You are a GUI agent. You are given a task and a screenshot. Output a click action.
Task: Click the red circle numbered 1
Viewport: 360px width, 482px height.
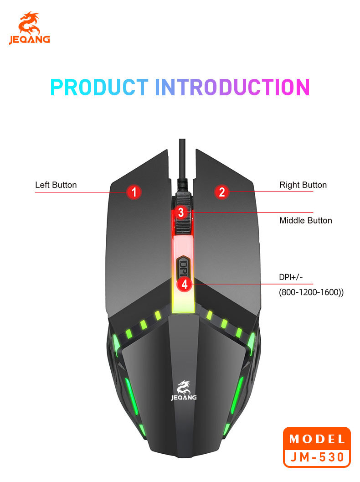pyautogui.click(x=134, y=192)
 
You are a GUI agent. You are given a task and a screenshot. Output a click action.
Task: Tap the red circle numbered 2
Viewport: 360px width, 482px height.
pyautogui.click(x=221, y=192)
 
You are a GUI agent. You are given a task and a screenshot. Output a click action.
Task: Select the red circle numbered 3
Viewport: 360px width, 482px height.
pyautogui.click(x=181, y=212)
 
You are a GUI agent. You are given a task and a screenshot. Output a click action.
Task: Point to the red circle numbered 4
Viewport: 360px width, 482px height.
pyautogui.click(x=184, y=284)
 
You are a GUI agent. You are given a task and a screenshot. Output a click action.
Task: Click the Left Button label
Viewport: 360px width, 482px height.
pyautogui.click(x=56, y=185)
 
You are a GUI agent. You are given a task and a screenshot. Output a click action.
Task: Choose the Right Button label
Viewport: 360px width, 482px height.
pyautogui.click(x=303, y=185)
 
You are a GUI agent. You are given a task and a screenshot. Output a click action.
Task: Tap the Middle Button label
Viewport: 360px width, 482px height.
pyautogui.click(x=305, y=221)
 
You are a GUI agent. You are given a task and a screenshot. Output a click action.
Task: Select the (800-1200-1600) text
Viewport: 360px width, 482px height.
pyautogui.click(x=311, y=292)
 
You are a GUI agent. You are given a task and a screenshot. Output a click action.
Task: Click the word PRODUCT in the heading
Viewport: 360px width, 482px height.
pyautogui.click(x=99, y=87)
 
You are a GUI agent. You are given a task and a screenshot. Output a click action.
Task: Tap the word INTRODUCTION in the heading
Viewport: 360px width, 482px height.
pyautogui.click(x=232, y=87)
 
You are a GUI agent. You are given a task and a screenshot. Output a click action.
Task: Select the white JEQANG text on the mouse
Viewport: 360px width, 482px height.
pyautogui.click(x=184, y=398)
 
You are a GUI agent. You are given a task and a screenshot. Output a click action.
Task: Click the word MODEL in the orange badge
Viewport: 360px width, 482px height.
pyautogui.click(x=317, y=440)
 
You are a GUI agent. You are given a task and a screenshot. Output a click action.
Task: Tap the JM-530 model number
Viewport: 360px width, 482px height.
pyautogui.click(x=317, y=456)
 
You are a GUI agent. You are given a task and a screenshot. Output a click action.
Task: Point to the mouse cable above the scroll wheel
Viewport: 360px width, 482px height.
pyautogui.click(x=182, y=160)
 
